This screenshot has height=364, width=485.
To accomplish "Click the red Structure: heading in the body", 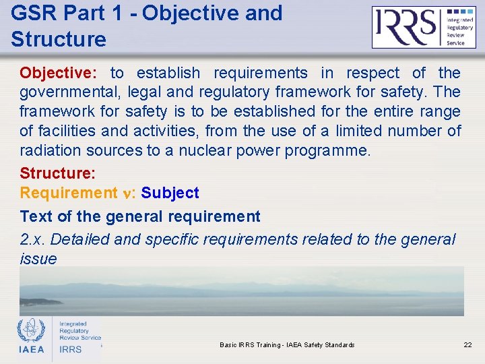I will [x=58, y=173].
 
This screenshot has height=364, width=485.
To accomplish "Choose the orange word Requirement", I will [x=69, y=193].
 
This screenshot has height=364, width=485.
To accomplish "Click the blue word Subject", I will [x=170, y=193].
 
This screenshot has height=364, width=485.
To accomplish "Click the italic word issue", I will [x=38, y=259].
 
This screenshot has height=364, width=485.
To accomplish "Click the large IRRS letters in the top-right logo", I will [x=406, y=28].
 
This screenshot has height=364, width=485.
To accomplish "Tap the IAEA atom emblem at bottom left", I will [x=31, y=330].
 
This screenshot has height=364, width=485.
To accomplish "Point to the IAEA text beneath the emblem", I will [x=31, y=349].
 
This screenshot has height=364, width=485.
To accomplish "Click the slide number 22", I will [x=467, y=345].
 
